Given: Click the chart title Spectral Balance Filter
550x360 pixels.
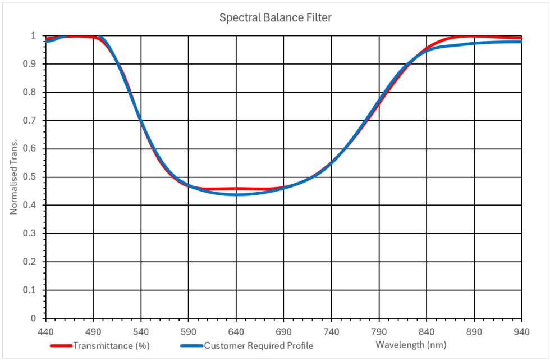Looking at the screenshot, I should pyautogui.click(x=275, y=18).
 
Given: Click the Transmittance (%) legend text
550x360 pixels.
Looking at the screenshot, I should pyautogui.click(x=111, y=345).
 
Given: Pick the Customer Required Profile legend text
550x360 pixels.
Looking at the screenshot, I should pyautogui.click(x=258, y=345).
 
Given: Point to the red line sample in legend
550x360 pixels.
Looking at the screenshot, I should pyautogui.click(x=62, y=345).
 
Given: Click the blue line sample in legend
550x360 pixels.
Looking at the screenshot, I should pyautogui.click(x=192, y=345).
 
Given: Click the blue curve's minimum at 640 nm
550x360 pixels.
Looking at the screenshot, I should pyautogui.click(x=236, y=194).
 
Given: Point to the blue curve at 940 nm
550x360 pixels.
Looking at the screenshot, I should pyautogui.click(x=521, y=42).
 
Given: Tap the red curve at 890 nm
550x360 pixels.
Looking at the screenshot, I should pyautogui.click(x=475, y=37).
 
